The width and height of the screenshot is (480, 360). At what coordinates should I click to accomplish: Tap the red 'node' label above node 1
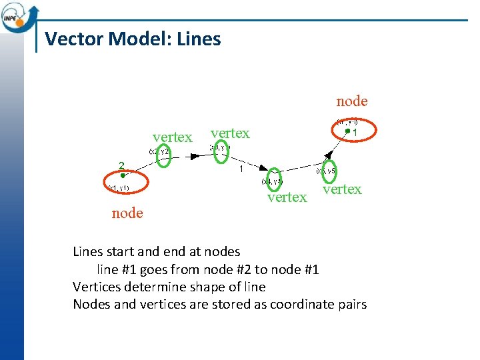pyautogui.click(x=352, y=101)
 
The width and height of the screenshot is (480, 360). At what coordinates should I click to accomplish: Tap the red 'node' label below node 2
pyautogui.click(x=127, y=213)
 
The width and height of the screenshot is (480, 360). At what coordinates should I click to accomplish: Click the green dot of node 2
pyautogui.click(x=123, y=176)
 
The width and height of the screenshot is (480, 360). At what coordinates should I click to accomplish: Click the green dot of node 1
pyautogui.click(x=347, y=132)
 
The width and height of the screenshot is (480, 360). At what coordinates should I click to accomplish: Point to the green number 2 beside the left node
pyautogui.click(x=121, y=165)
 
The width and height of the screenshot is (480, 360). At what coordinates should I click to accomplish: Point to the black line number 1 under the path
pyautogui.click(x=241, y=169)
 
